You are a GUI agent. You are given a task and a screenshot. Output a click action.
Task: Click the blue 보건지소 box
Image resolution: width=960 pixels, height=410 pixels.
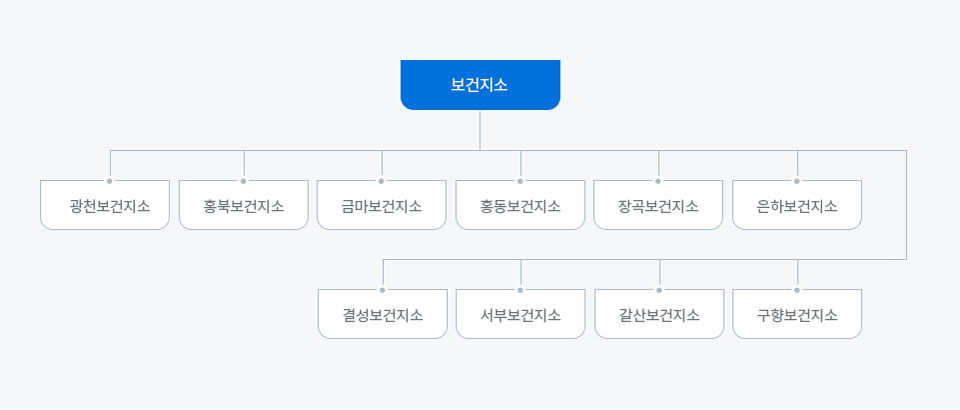(480, 85)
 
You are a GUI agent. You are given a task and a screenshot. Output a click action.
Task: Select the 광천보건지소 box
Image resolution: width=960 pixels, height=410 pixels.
(105, 205)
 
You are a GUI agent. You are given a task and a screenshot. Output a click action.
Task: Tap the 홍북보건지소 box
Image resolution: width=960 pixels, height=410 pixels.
(244, 205)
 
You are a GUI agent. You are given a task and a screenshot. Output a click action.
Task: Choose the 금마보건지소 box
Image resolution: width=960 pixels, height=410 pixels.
(381, 205)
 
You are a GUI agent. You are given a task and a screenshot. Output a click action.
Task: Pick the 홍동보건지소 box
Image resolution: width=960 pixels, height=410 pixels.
(520, 205)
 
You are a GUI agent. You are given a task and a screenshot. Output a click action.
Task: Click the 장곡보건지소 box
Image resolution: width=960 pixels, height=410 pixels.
(658, 205)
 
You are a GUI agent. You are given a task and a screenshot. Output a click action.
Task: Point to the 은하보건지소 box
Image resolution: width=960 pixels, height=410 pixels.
(797, 205)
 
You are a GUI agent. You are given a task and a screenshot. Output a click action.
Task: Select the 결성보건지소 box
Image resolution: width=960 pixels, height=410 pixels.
(383, 314)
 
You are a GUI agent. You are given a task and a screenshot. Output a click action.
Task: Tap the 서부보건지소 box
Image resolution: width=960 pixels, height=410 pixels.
(520, 314)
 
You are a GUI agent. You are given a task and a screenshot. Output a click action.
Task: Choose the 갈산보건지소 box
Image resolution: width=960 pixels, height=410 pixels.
(659, 314)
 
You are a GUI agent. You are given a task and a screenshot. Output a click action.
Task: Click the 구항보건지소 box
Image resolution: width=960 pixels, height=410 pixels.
(797, 314)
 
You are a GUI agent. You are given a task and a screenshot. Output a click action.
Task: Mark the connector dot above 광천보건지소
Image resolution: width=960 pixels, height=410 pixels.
(110, 181)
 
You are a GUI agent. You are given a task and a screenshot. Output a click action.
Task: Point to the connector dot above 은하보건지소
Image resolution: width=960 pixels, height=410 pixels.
(797, 181)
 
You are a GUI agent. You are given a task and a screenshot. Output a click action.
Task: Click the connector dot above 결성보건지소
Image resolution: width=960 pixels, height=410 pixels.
(383, 290)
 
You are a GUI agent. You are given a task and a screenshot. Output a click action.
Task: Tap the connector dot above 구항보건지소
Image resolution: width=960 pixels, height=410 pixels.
(797, 290)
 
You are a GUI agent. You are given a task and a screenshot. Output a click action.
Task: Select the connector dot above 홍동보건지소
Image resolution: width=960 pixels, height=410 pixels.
(520, 181)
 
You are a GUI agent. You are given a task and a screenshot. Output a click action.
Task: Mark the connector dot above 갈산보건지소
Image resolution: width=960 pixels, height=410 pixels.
(659, 290)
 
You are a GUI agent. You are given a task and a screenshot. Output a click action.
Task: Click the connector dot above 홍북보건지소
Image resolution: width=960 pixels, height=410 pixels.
(243, 181)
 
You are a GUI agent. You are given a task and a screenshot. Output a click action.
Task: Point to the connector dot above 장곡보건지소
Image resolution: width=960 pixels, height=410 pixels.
(658, 181)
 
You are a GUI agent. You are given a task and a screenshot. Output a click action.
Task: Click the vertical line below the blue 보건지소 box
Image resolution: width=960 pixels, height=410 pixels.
(480, 130)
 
